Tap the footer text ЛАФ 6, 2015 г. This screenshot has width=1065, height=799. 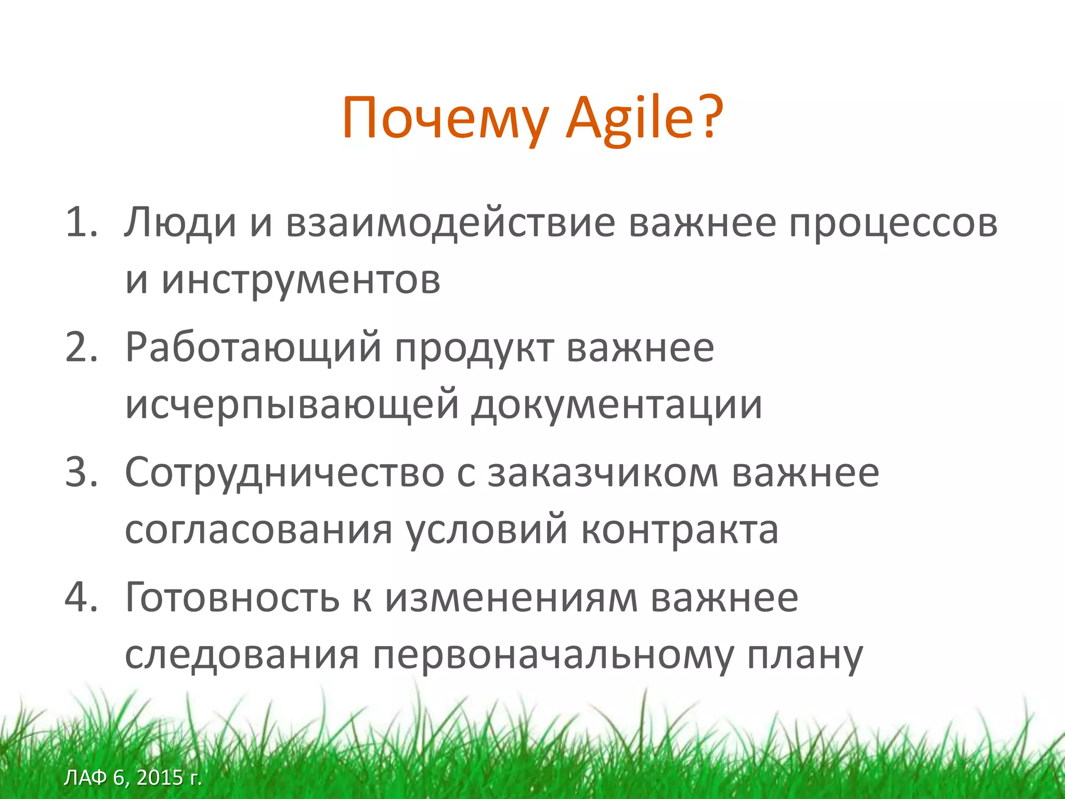133,778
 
